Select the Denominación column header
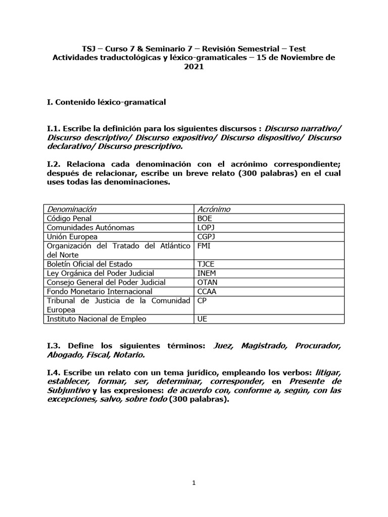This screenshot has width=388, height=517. click(71, 209)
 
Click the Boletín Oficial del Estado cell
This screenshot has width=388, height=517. click(89, 264)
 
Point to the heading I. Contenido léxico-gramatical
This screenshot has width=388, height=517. click(106, 102)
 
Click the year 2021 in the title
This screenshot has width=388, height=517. click(194, 67)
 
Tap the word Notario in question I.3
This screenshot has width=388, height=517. click(136, 355)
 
